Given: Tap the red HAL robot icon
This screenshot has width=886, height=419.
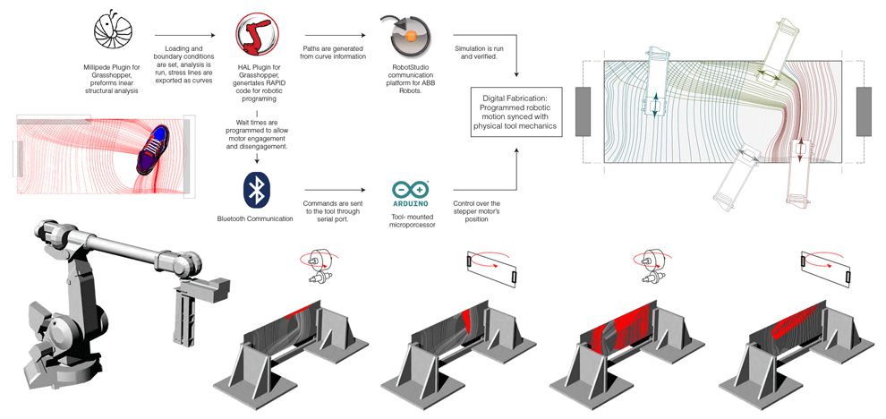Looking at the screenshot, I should pos(257,33).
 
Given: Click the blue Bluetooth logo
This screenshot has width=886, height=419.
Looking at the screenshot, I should pos(257,189).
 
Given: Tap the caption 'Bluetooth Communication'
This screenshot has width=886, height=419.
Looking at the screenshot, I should pos(257,218).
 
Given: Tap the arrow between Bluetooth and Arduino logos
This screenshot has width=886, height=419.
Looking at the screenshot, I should pos(333,190).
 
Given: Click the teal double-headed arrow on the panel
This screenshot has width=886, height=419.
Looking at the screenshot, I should pos(654,105).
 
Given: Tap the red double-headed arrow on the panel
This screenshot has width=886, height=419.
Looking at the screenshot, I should pos(800,150).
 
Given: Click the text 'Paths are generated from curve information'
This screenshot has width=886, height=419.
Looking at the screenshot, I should pos(337,56).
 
